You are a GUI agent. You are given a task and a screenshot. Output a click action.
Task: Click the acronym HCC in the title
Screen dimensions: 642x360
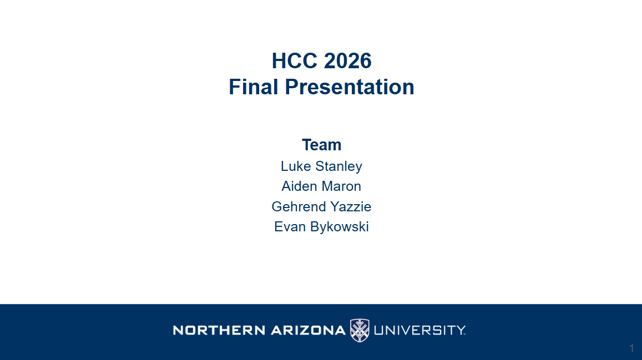(295, 61)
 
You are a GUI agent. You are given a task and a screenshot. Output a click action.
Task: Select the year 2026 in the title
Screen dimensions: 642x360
(347, 61)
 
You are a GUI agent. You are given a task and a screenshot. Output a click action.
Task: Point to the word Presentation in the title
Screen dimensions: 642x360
(349, 87)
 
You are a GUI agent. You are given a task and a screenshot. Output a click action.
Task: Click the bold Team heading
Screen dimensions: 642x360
(321, 145)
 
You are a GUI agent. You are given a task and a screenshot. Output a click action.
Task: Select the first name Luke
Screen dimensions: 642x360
(296, 166)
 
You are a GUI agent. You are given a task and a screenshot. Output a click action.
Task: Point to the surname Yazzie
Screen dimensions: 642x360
(351, 206)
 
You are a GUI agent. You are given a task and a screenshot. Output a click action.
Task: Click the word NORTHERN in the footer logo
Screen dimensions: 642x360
(219, 330)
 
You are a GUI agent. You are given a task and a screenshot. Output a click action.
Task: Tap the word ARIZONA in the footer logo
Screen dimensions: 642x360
(308, 330)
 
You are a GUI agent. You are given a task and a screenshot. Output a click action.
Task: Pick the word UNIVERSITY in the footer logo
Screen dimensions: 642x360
(419, 330)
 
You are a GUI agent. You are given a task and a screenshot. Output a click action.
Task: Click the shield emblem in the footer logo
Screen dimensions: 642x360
(360, 330)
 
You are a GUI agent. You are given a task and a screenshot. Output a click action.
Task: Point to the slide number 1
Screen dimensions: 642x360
(632, 348)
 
